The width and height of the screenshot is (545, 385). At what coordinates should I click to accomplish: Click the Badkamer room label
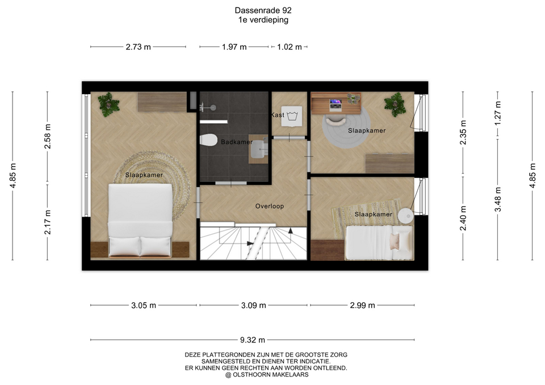tap(237, 142)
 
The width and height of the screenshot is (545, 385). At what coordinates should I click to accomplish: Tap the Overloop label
tap(269, 206)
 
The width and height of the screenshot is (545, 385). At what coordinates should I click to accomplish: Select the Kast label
tap(278, 115)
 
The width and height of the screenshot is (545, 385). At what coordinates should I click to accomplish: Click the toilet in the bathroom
tap(208, 140)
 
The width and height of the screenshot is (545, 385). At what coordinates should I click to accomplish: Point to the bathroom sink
tap(258, 149)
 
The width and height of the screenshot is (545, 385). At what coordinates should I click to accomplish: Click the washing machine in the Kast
tap(292, 116)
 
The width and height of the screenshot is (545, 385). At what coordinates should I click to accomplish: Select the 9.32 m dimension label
tap(252, 340)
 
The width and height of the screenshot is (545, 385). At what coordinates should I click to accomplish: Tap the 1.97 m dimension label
tap(234, 47)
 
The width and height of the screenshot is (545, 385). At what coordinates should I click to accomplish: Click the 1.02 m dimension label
tap(289, 47)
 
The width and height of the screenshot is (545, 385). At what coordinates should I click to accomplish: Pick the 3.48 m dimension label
tap(498, 199)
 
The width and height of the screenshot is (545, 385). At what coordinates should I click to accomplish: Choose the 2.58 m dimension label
tap(48, 136)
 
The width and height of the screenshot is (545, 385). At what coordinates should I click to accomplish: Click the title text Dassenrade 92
tap(263, 10)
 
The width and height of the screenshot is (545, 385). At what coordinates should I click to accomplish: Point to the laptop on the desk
tap(336, 103)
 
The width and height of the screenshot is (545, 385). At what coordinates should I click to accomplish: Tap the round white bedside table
tap(405, 215)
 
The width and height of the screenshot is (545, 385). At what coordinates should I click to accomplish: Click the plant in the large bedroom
tap(108, 104)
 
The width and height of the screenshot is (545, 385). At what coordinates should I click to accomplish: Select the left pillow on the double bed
tap(124, 246)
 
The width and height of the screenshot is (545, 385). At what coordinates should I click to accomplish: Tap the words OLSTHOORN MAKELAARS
tap(270, 375)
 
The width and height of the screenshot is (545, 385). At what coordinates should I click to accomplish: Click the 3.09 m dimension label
tap(253, 306)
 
